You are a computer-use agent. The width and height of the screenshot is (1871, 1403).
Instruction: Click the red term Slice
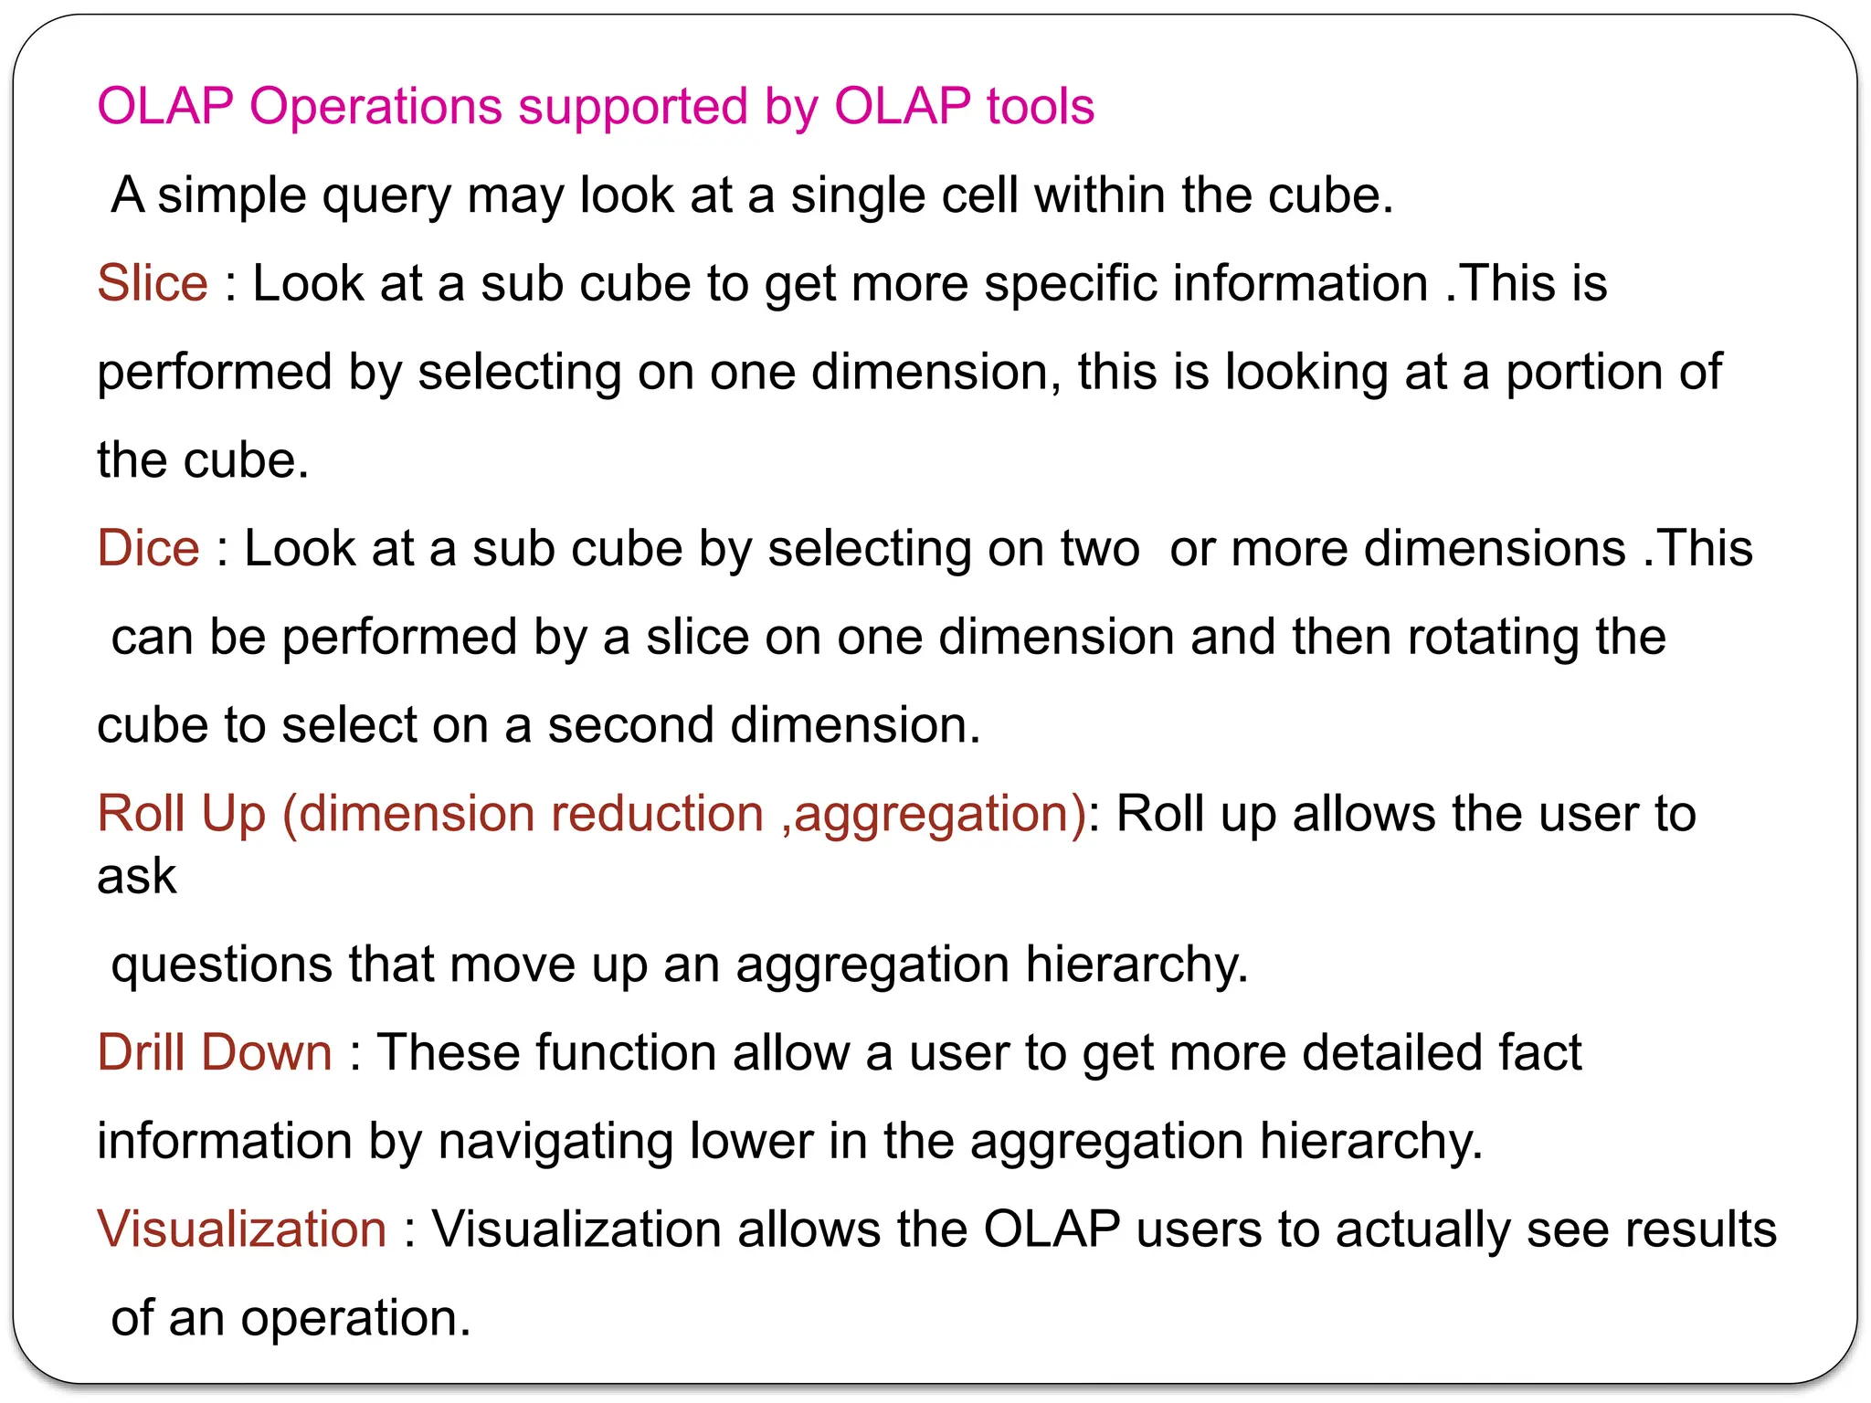click(153, 283)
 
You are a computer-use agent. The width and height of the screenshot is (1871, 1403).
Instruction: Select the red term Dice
click(148, 548)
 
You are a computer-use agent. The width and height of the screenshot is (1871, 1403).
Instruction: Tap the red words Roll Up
click(181, 813)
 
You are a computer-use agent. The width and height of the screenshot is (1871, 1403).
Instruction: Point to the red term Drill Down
click(215, 1052)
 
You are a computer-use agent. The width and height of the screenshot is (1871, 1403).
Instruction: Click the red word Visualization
click(242, 1229)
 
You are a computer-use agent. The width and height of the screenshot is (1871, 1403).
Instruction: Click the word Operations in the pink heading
click(375, 107)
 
